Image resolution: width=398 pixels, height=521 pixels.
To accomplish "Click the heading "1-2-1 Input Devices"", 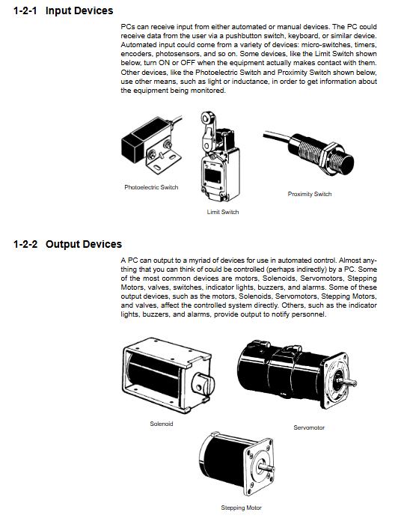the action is [63, 10].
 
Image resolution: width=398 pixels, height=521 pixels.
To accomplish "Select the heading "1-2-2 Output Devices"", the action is [67, 244].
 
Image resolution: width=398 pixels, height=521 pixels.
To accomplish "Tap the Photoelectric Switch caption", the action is [151, 187].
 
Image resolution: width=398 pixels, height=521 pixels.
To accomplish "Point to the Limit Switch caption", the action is [223, 212].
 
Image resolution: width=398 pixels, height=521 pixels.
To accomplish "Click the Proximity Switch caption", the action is [310, 194].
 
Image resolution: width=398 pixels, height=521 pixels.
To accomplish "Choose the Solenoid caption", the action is [162, 424].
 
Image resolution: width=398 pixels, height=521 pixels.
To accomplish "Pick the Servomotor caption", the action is [309, 427].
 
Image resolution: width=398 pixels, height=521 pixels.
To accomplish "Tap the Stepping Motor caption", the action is [242, 508].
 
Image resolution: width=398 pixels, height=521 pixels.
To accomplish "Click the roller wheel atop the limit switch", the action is [206, 118].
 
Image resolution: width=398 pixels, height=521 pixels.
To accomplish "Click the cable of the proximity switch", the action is [277, 137].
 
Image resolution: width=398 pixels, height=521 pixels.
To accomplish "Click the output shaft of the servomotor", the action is [349, 383].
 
